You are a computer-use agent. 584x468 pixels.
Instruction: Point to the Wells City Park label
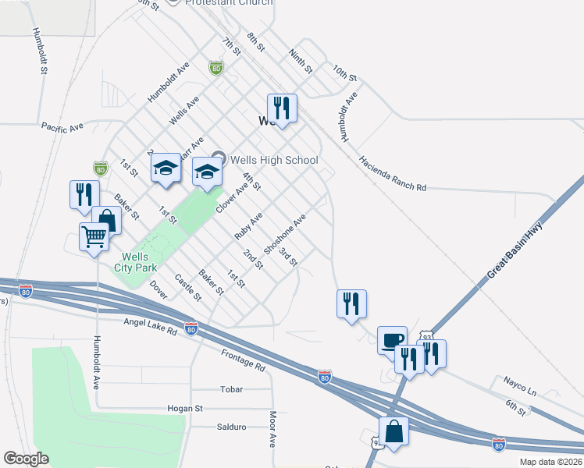point(141,262)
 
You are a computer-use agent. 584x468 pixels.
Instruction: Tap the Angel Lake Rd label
point(150,325)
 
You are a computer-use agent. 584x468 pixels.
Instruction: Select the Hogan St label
point(185,408)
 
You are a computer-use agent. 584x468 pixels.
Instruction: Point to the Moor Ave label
point(272,429)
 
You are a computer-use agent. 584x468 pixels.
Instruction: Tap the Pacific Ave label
point(62,126)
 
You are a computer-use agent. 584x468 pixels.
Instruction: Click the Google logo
point(26,459)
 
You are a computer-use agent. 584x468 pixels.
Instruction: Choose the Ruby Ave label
point(248,225)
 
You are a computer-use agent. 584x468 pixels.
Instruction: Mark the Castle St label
point(188,288)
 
